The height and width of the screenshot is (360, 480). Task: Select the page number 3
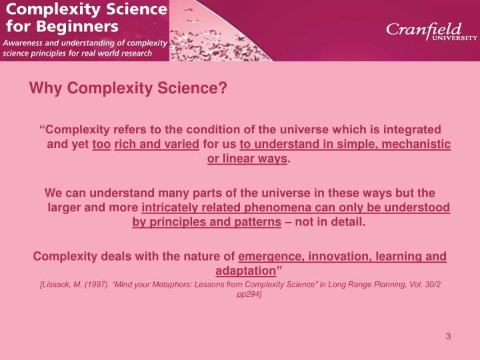point(449,336)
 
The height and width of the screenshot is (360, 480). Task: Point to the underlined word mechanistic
point(417,144)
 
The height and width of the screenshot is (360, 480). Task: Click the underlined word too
point(101,144)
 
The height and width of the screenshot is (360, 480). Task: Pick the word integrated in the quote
point(413,129)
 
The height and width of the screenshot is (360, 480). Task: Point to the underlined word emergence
point(267,255)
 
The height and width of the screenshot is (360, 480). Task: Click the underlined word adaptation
point(245,271)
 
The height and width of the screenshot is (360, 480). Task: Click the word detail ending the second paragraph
point(348,222)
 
